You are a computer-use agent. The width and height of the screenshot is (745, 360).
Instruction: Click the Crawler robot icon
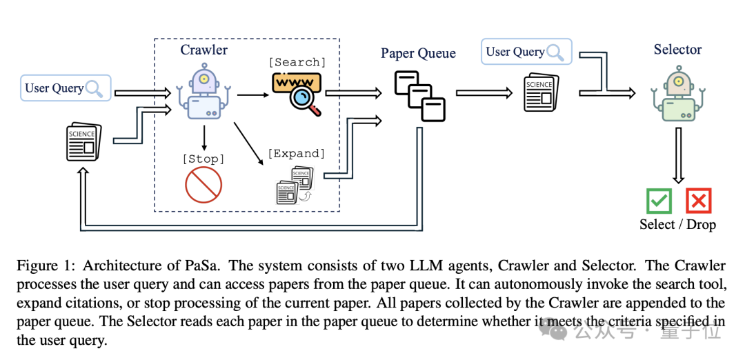point(203,93)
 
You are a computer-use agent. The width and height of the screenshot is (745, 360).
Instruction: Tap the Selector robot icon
point(678,94)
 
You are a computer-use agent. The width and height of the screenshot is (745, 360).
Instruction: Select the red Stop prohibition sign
point(203,184)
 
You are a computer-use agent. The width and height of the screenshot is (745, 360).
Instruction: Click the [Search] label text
point(297,62)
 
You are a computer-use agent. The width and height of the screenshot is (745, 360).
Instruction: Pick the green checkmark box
point(659,201)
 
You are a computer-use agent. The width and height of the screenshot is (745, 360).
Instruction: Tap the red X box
point(698,201)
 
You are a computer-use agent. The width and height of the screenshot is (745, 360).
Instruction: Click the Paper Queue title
point(418,53)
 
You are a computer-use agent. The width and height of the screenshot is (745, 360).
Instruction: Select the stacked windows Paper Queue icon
point(419,96)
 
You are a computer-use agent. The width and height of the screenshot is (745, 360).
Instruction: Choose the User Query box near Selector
point(526,52)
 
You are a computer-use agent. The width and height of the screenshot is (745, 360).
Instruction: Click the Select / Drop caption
point(677,224)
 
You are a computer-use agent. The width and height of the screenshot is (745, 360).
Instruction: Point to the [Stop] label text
point(203,159)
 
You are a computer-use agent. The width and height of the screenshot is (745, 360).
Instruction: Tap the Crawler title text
point(203,50)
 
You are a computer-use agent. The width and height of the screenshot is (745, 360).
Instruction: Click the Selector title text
point(677,50)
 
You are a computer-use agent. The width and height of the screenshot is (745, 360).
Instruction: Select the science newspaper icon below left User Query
point(83,141)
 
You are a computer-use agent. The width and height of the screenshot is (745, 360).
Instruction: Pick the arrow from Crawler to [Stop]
point(204,138)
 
